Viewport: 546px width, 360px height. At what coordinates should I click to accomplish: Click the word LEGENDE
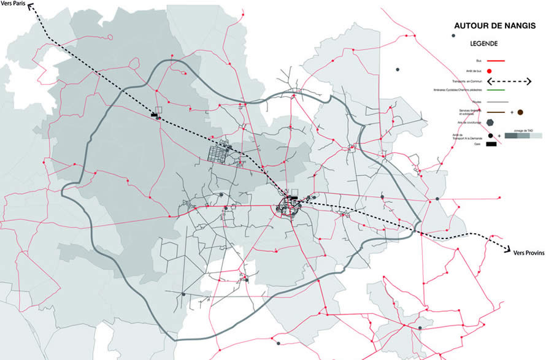483,44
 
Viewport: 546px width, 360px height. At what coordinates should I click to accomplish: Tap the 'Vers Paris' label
14,4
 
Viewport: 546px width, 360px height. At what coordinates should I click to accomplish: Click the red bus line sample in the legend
494,61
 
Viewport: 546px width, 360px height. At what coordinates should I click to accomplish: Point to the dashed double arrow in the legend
508,82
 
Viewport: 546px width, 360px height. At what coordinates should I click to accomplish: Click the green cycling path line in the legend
494,91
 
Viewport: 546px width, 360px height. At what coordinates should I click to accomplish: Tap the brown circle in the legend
520,112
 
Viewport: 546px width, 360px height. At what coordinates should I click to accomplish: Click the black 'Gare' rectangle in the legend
492,145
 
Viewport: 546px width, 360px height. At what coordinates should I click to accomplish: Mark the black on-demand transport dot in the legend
491,136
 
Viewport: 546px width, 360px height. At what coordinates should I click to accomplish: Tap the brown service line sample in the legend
494,112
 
